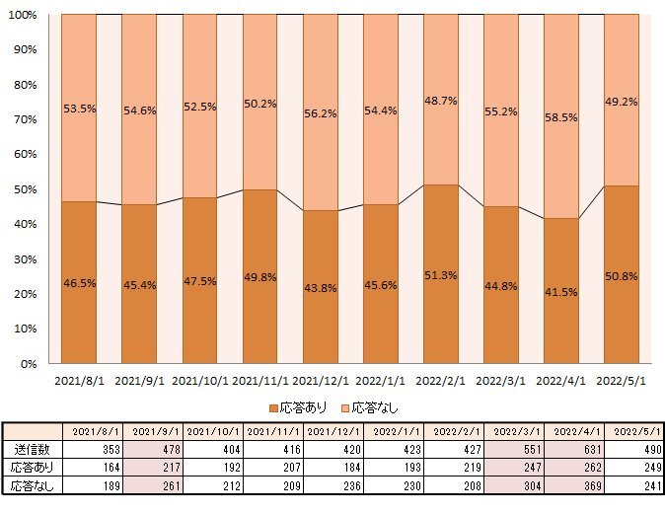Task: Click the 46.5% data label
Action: [x=79, y=283]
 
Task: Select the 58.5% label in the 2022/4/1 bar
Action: [x=561, y=117]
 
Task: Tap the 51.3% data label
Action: [x=441, y=275]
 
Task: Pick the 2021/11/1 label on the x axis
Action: [x=259, y=380]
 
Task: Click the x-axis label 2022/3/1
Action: [x=501, y=380]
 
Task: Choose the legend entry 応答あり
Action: [x=297, y=407]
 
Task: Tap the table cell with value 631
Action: [x=573, y=449]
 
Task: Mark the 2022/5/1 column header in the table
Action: [x=633, y=431]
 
